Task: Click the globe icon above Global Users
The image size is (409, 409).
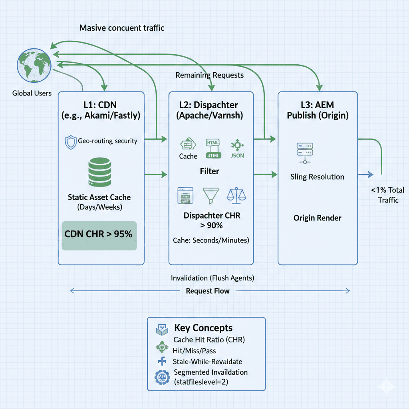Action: pyautogui.click(x=34, y=66)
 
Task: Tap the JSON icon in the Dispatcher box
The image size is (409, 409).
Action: pyautogui.click(x=236, y=148)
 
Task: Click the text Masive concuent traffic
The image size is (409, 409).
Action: pyautogui.click(x=122, y=28)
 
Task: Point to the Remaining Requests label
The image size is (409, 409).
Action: pyautogui.click(x=209, y=75)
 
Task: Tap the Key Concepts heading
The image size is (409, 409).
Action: pyautogui.click(x=203, y=328)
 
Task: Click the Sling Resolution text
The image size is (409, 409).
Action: pyautogui.click(x=317, y=177)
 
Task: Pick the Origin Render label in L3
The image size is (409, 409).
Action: pyautogui.click(x=317, y=218)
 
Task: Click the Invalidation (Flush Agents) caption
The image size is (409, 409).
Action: pyautogui.click(x=212, y=278)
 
